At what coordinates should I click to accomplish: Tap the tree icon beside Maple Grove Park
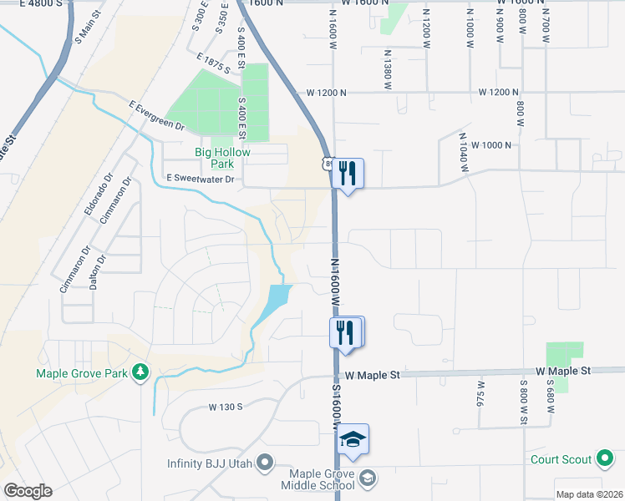141,372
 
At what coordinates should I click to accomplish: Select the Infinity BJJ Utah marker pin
266,462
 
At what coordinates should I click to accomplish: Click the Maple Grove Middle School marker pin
369,478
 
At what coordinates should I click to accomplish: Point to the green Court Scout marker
604,458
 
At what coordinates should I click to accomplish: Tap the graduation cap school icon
353,439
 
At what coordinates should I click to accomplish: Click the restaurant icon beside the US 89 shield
348,173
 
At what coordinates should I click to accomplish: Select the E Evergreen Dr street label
156,115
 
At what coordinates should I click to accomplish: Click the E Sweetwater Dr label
202,179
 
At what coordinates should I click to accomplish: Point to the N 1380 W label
388,69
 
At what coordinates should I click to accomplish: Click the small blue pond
276,301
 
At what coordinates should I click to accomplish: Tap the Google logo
28,492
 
